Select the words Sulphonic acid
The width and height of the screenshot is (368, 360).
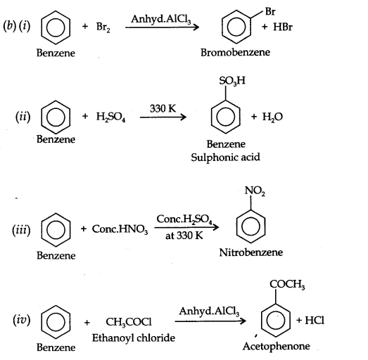pyautogui.click(x=225, y=157)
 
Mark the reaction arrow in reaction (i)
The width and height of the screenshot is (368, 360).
pyautogui.click(x=163, y=28)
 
